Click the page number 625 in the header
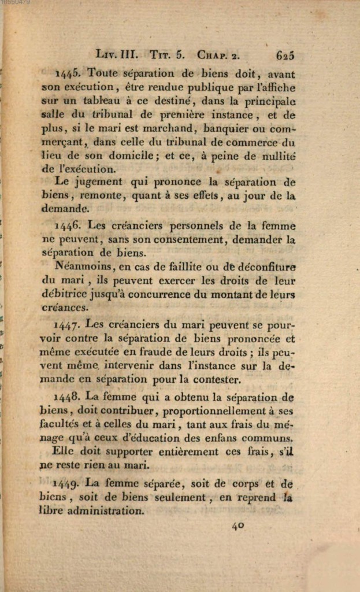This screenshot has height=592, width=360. tap(285, 55)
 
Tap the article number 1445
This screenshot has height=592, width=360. tap(69, 75)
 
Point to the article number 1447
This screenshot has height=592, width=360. tap(69, 326)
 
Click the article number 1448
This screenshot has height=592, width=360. tap(69, 398)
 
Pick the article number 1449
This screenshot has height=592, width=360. tap(69, 483)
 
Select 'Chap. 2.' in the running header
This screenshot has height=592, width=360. tap(218, 55)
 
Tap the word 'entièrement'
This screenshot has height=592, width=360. tap(188, 452)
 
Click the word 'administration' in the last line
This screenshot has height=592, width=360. tap(105, 511)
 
